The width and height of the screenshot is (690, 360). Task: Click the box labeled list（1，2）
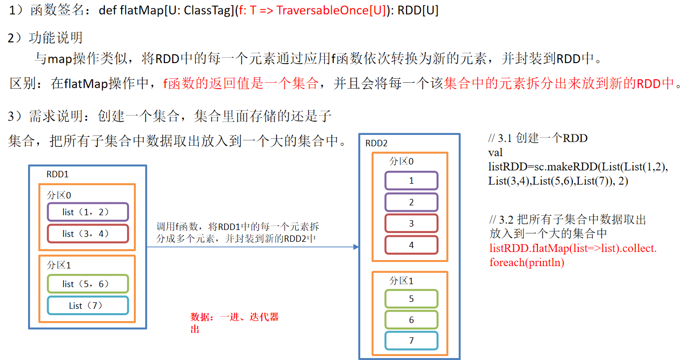tap(88, 212)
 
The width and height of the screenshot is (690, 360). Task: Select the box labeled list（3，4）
tap(88, 234)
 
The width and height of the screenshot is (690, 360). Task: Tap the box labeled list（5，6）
tap(88, 284)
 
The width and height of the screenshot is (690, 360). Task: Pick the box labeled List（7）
tap(88, 306)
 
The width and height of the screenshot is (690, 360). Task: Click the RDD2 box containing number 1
tap(411, 181)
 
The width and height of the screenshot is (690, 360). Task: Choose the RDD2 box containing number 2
tap(411, 202)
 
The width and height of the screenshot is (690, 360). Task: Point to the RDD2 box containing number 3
tap(411, 224)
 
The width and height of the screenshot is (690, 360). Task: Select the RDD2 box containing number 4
tap(411, 245)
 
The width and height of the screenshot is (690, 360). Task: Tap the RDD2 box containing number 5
tap(411, 299)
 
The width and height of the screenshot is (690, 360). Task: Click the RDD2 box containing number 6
tap(411, 320)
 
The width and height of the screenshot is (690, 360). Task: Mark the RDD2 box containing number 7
tap(411, 341)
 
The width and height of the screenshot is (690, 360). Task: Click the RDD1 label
tap(58, 174)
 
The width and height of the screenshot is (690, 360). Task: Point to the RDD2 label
tap(376, 143)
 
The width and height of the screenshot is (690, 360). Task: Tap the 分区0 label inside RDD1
tap(59, 195)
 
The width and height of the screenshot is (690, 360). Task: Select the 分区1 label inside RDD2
tap(402, 281)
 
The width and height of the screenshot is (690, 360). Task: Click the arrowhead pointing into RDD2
tap(356, 247)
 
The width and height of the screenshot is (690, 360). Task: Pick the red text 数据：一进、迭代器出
tap(234, 323)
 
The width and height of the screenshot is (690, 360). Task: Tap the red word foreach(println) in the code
tap(527, 262)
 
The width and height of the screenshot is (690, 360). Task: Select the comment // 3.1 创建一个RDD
tap(538, 138)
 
